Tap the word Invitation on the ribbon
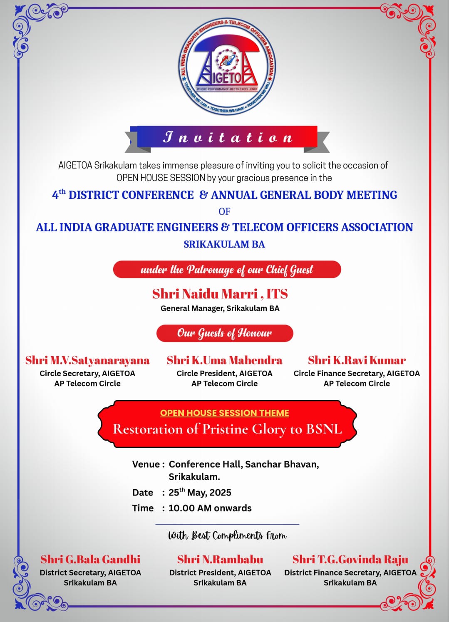(x=228, y=137)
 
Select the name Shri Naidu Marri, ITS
(x=220, y=294)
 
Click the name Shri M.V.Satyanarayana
(x=87, y=360)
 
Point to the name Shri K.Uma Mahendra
(x=224, y=360)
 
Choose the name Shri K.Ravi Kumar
(x=357, y=360)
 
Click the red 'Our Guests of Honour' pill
(x=225, y=333)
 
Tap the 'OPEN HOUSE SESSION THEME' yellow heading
(x=225, y=413)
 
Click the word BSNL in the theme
(x=324, y=429)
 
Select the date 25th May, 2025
(x=200, y=493)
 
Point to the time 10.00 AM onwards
(x=210, y=508)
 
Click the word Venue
(x=146, y=464)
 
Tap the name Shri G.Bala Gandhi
(x=90, y=560)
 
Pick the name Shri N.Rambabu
(x=220, y=560)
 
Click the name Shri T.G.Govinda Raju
(x=350, y=560)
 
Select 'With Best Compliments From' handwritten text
(x=227, y=535)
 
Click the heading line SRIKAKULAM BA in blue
(x=224, y=244)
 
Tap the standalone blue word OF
(x=224, y=211)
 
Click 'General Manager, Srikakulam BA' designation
(x=220, y=308)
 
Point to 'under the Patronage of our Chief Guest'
(x=227, y=270)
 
